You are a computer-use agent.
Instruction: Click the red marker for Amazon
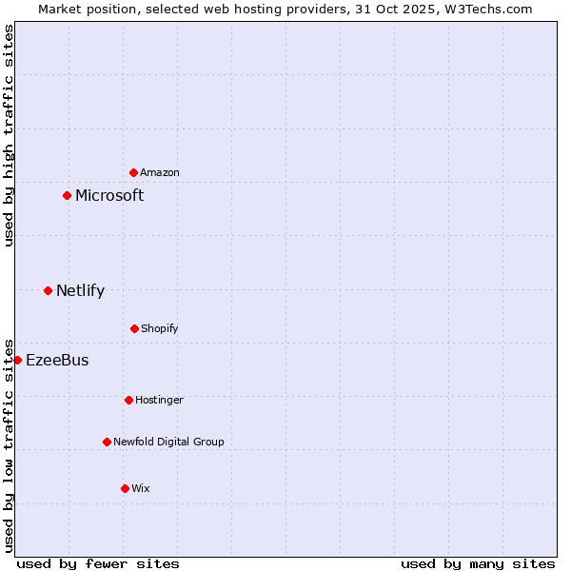pyautogui.click(x=134, y=172)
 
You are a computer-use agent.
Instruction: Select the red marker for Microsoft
pyautogui.click(x=68, y=195)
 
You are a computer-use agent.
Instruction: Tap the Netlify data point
pyautogui.click(x=48, y=290)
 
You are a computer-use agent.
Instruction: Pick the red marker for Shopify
pyautogui.click(x=134, y=328)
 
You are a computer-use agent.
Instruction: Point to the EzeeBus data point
pyautogui.click(x=17, y=360)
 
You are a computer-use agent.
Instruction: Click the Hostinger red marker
pyautogui.click(x=128, y=400)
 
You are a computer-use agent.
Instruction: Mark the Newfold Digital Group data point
pyautogui.click(x=107, y=442)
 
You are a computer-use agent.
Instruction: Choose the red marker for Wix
pyautogui.click(x=125, y=488)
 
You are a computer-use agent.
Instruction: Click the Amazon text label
pyautogui.click(x=160, y=172)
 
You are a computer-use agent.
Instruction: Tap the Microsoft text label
pyautogui.click(x=109, y=195)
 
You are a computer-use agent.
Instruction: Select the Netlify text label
pyautogui.click(x=80, y=290)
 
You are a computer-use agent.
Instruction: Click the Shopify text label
pyautogui.click(x=160, y=328)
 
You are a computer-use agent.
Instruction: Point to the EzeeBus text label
pyautogui.click(x=57, y=360)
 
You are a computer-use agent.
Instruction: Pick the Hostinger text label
pyautogui.click(x=159, y=400)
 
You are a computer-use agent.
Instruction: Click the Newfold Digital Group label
pyautogui.click(x=168, y=442)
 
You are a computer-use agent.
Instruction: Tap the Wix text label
pyautogui.click(x=141, y=488)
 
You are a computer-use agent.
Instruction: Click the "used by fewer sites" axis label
pyautogui.click(x=98, y=563)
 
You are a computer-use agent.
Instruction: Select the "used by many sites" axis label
pyautogui.click(x=478, y=563)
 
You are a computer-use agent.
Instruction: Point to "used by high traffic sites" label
pyautogui.click(x=9, y=135)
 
